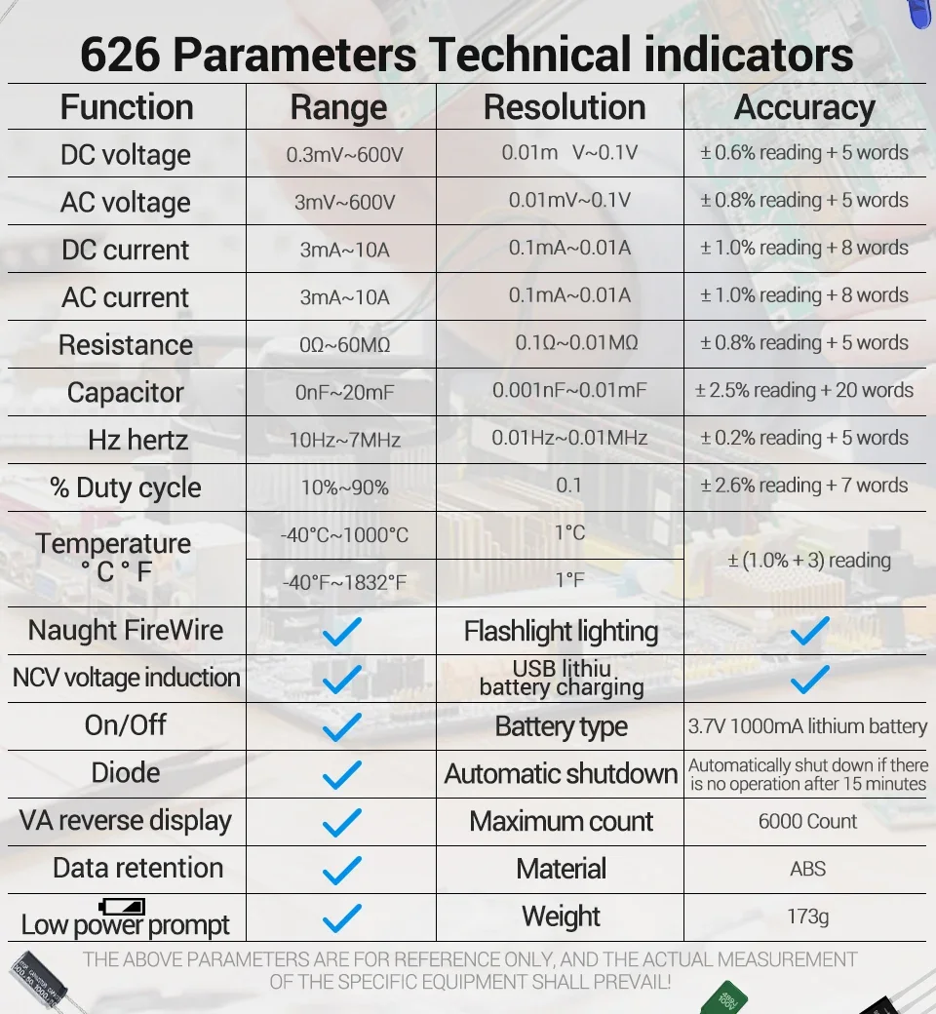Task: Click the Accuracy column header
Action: click(804, 107)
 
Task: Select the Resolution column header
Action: click(565, 107)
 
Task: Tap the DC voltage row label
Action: click(126, 154)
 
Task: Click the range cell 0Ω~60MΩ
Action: click(344, 345)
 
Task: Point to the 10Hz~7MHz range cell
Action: click(344, 440)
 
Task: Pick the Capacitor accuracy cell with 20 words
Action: click(804, 390)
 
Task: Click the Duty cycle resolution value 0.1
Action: click(568, 485)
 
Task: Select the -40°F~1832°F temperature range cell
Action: click(344, 582)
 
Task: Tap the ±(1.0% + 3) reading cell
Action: click(809, 561)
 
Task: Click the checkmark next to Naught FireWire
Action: click(341, 631)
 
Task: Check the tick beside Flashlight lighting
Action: click(809, 631)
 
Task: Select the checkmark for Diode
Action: click(341, 774)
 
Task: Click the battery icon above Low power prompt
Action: click(122, 906)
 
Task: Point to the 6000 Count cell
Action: click(807, 821)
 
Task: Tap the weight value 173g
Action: click(807, 916)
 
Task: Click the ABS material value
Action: click(807, 869)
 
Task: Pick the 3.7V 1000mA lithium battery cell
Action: click(807, 726)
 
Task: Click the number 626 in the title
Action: click(121, 55)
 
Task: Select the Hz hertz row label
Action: click(137, 440)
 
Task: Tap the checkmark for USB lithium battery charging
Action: click(809, 679)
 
